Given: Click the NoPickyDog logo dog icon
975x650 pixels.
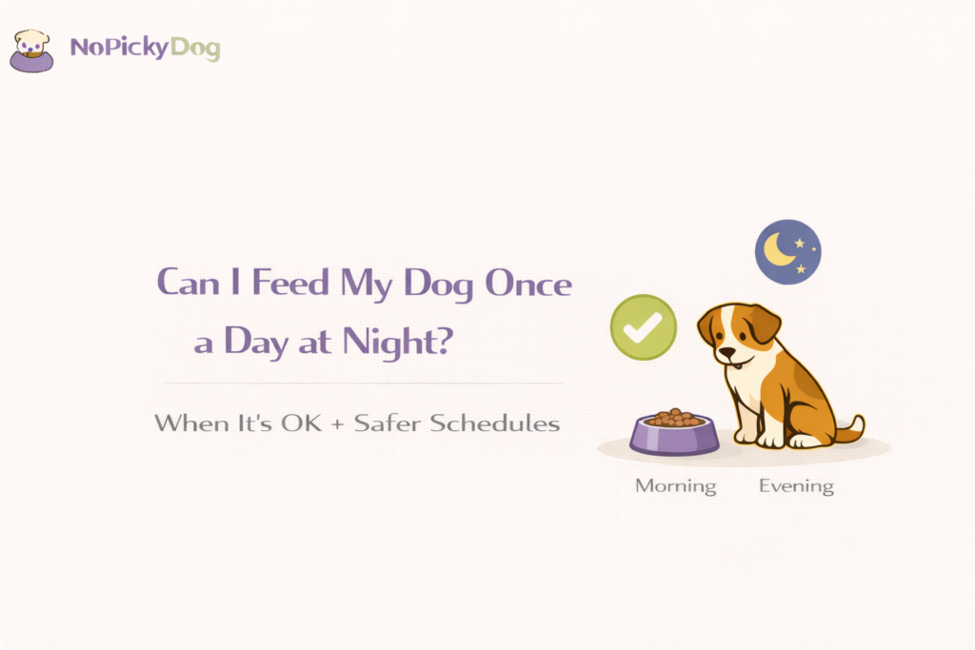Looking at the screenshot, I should (32, 49).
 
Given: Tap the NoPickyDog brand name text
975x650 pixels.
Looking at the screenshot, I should (145, 48).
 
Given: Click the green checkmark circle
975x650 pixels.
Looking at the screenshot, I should (644, 327).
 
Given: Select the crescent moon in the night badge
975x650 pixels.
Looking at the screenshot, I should (781, 251).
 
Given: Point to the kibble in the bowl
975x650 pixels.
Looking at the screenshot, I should (674, 418).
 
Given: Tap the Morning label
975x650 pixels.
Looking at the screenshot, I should (675, 485).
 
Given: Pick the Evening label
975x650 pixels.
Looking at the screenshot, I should (796, 485).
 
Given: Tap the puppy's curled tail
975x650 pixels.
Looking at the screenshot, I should (852, 428).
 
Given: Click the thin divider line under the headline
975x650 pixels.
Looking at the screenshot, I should (363, 384).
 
